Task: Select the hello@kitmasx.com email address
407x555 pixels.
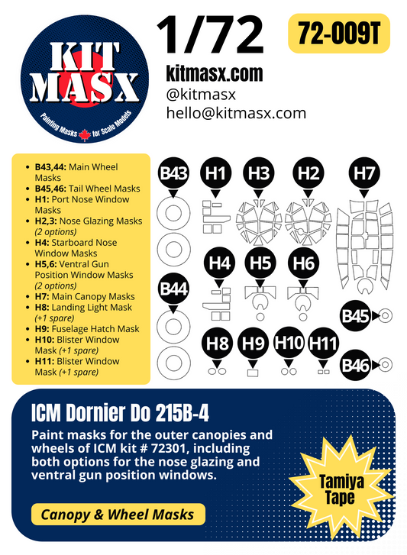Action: [236, 113]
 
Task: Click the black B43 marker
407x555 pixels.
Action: [174, 174]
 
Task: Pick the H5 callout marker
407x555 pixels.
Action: [260, 263]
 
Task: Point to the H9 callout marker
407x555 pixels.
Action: [254, 343]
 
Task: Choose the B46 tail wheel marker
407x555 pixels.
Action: [356, 366]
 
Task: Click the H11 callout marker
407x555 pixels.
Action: [324, 343]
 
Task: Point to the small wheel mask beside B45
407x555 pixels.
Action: [386, 314]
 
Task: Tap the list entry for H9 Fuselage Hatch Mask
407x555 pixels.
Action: [88, 328]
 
